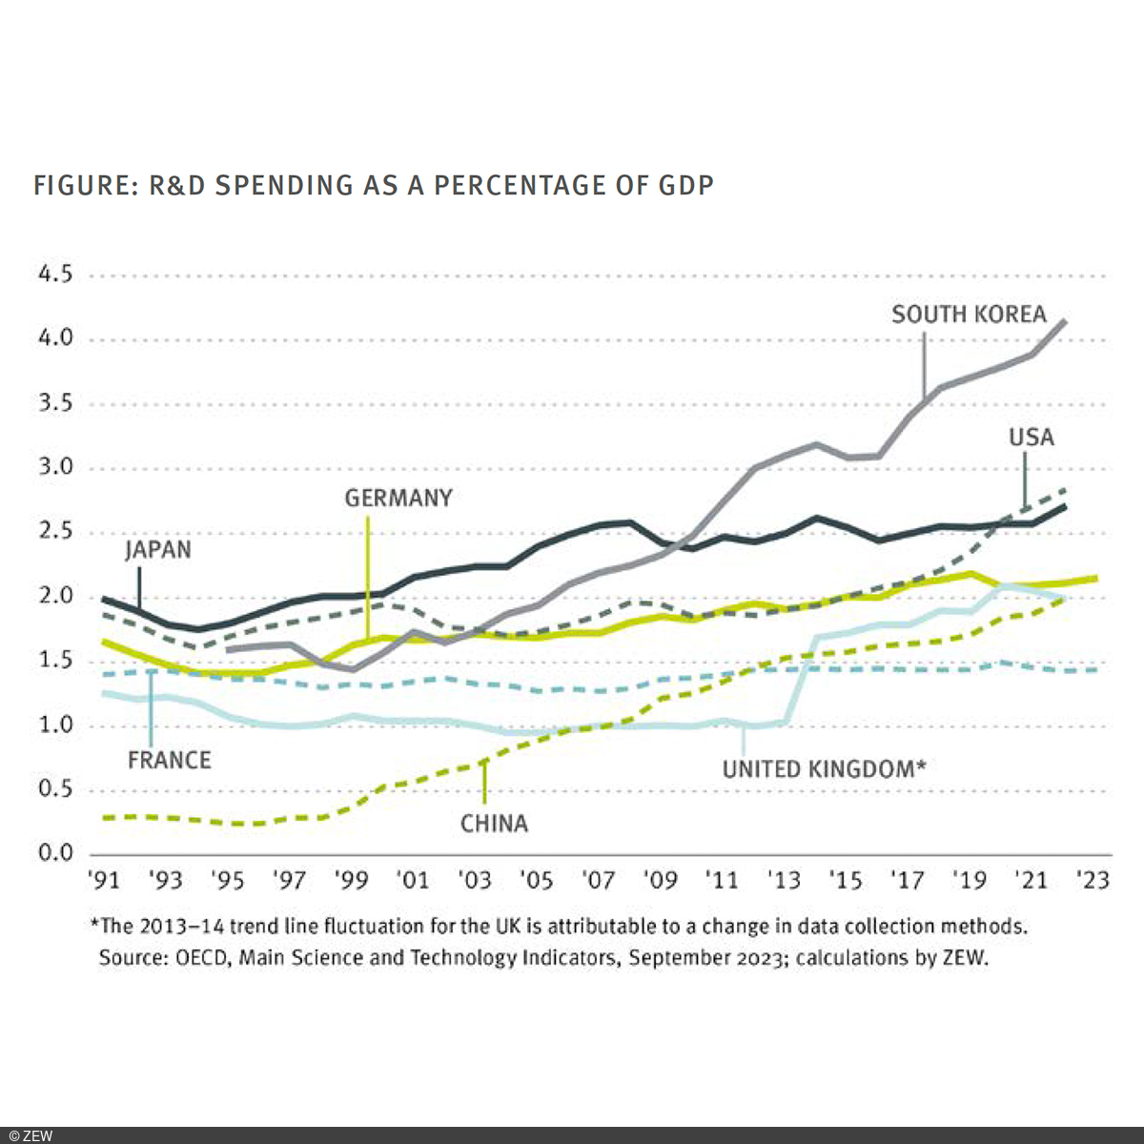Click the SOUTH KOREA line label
click(969, 315)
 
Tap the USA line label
click(1032, 438)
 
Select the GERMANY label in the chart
click(398, 499)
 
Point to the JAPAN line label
click(158, 550)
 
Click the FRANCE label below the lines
click(170, 760)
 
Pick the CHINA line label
click(494, 824)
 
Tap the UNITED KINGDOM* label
click(824, 769)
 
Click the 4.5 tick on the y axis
click(54, 275)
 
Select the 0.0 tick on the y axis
click(54, 852)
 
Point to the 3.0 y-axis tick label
click(54, 467)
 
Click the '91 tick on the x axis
click(104, 880)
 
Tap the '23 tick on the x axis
click(1093, 880)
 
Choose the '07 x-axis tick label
click(599, 880)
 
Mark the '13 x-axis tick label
click(784, 880)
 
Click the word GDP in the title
click(685, 185)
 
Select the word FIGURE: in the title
click(87, 185)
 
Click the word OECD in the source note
click(202, 957)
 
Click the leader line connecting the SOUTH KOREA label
click(924, 362)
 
